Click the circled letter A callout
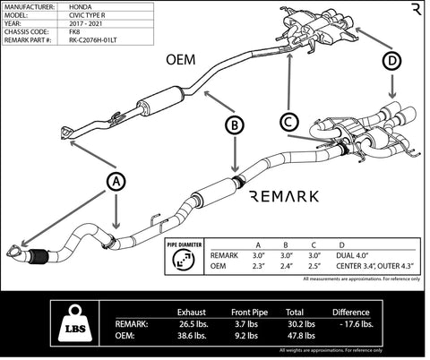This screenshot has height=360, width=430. tap(116, 181)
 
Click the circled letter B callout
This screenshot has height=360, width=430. tap(233, 127)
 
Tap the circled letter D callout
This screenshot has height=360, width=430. tap(392, 62)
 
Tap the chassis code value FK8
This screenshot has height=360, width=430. tap(74, 31)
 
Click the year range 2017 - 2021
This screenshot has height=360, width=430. tap(88, 23)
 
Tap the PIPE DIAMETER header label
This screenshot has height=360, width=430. tap(185, 243)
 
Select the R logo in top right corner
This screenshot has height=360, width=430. tap(415, 11)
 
